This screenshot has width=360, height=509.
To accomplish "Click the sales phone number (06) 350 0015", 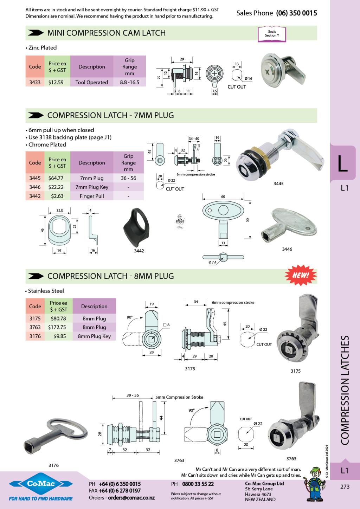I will [296, 13].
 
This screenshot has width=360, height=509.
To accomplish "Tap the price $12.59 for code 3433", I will [56, 82].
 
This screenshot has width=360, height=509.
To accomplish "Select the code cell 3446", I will [35, 187].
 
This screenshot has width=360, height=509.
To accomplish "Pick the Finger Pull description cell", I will [91, 196].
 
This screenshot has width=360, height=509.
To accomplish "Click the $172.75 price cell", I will [57, 327].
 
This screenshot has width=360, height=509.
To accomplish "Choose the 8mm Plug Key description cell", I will [94, 336].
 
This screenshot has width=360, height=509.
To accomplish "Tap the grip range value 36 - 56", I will [128, 178].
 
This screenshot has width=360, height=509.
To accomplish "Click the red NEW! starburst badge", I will [300, 275].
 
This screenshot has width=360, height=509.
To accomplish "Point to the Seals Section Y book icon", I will [272, 34].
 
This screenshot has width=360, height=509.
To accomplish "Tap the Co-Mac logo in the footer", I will [41, 484].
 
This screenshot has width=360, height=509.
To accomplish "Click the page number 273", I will [345, 487].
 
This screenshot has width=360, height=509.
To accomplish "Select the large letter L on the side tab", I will [342, 163].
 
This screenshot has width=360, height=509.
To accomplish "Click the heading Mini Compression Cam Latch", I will [106, 33].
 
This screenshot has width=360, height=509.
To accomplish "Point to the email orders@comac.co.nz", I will [131, 498].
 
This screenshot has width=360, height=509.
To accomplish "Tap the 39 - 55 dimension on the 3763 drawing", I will [133, 395].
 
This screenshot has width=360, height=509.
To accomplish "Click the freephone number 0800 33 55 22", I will [198, 484].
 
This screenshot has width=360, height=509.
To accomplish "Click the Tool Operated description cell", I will [91, 82].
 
